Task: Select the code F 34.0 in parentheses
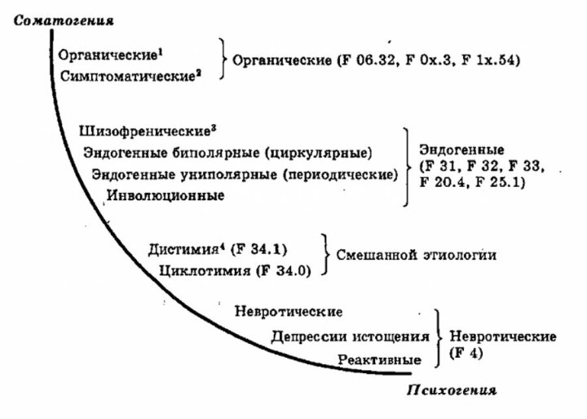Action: [x=282, y=270]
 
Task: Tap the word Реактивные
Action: [x=382, y=359]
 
